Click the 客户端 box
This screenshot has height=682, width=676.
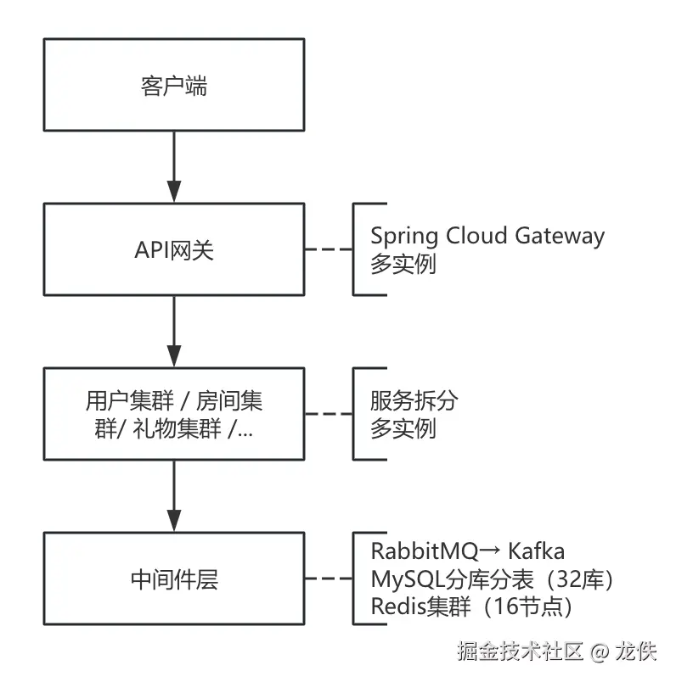coord(173,86)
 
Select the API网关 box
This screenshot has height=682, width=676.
coord(173,249)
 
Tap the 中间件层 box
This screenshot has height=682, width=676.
coord(173,579)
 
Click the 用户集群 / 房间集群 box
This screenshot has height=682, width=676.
coord(173,414)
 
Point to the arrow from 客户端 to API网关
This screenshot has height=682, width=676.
coord(173,166)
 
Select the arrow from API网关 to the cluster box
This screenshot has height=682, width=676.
coord(173,331)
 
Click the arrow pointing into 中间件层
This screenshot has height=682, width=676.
coord(173,495)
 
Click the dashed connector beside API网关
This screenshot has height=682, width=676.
coord(328,250)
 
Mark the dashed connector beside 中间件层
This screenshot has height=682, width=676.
coord(328,580)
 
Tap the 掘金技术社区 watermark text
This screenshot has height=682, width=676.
coord(519,651)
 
